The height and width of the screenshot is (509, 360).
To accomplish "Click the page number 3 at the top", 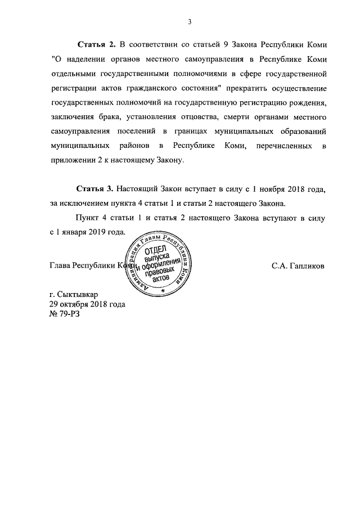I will (x=190, y=22).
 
